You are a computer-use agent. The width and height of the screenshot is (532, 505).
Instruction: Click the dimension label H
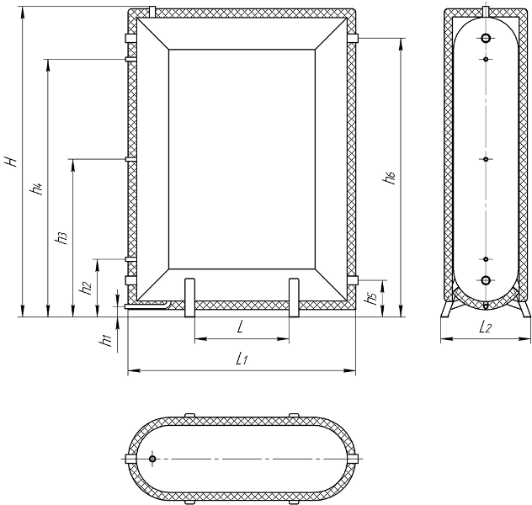13,161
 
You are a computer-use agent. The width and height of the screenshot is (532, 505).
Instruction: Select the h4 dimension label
37,189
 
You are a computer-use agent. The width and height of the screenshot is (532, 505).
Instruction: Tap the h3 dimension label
61,239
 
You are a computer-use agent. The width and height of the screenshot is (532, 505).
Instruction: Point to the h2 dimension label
86,288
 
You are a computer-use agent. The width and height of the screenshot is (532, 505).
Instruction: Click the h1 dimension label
105,341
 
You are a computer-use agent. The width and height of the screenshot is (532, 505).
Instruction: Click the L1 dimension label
242,359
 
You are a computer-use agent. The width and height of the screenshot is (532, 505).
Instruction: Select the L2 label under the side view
485,327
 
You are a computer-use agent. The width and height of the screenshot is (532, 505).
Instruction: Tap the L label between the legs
240,327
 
